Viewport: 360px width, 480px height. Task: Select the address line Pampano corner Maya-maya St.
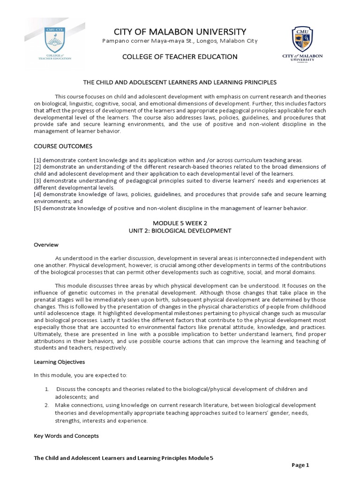(x=180, y=42)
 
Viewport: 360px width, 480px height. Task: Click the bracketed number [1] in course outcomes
(x=37, y=160)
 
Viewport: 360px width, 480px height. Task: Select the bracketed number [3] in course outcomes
(x=37, y=180)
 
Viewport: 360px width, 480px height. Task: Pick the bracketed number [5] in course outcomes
(x=37, y=208)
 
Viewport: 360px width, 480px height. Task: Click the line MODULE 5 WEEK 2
(x=180, y=224)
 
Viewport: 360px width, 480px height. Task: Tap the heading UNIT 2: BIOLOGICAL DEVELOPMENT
(x=180, y=231)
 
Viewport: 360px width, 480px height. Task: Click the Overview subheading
(x=46, y=245)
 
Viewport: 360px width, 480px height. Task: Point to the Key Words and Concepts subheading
(x=66, y=436)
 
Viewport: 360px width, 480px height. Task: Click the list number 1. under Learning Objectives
(x=47, y=390)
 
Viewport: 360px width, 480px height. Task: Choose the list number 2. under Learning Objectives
(x=47, y=405)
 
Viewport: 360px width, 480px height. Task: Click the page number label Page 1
(x=300, y=465)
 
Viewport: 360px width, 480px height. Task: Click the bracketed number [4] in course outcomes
(x=37, y=194)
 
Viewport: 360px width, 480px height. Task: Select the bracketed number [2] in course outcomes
(x=37, y=167)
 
